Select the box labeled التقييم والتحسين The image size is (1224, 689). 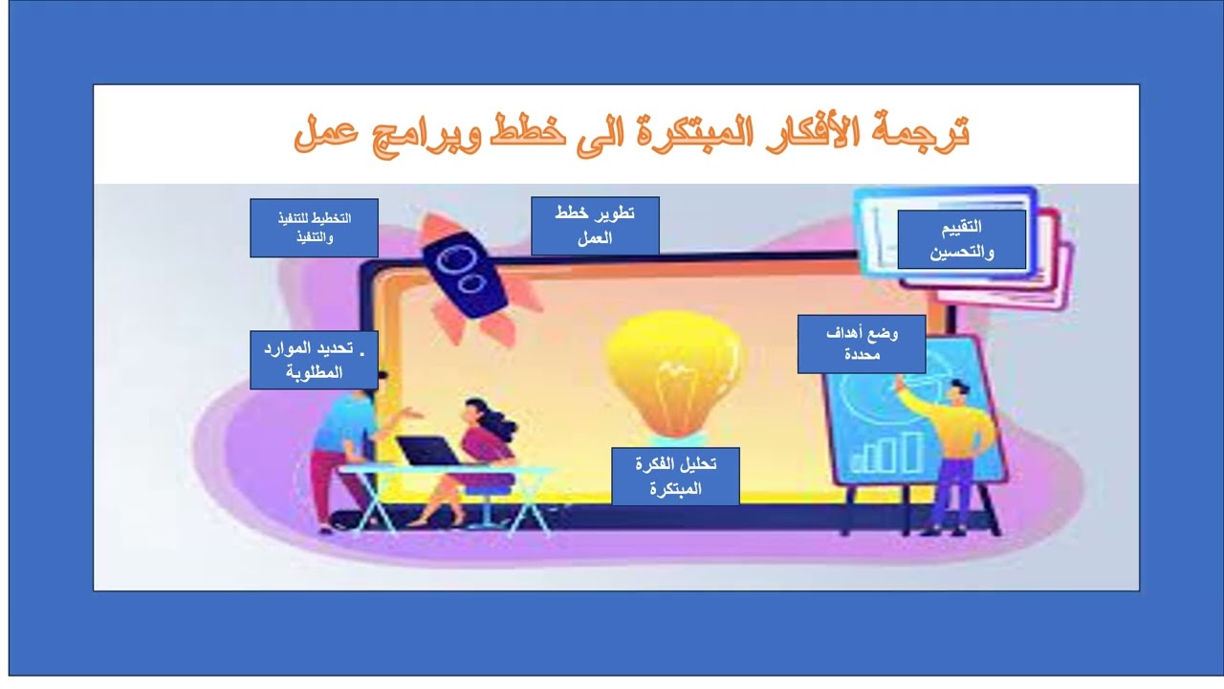[x=961, y=239]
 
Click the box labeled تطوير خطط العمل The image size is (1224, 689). [x=595, y=226]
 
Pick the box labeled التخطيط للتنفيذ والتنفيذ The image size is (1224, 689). [x=314, y=228]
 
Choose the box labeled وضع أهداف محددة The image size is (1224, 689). [x=862, y=344]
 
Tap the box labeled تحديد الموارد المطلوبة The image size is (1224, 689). [x=314, y=360]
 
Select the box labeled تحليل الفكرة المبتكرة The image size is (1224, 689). [x=675, y=476]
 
